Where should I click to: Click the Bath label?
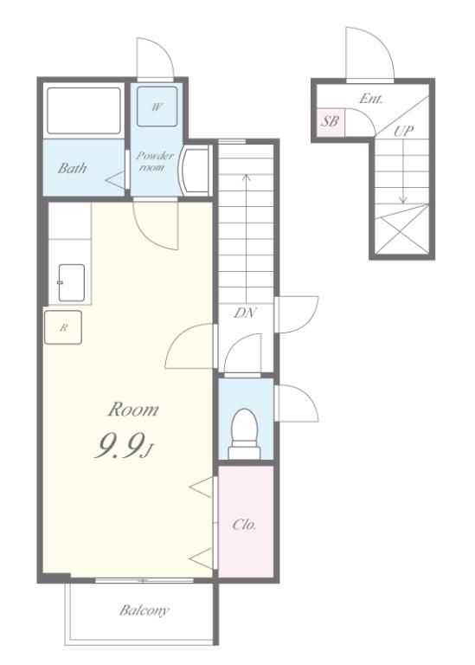pos(72,168)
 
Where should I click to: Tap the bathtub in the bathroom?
pos(84,111)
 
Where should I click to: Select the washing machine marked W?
pos(157,107)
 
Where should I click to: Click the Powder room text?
pos(155,161)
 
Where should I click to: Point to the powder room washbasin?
pos(196,170)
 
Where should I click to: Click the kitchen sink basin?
pos(72,282)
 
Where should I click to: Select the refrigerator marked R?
pos(63,327)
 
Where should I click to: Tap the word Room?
pos(133,410)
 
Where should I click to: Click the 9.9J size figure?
pos(123,447)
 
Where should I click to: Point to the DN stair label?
pos(245,313)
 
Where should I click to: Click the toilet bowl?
pos(245,434)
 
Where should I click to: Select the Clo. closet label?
pos(245,525)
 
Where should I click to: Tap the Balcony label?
pos(144,610)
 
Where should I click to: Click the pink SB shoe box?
pos(331,122)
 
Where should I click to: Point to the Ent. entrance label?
pos(371,99)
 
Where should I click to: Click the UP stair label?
pos(403,131)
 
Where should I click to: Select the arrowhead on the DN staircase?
pos(246,178)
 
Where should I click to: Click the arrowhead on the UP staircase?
pos(402,199)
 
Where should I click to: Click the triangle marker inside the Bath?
pos(115,180)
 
